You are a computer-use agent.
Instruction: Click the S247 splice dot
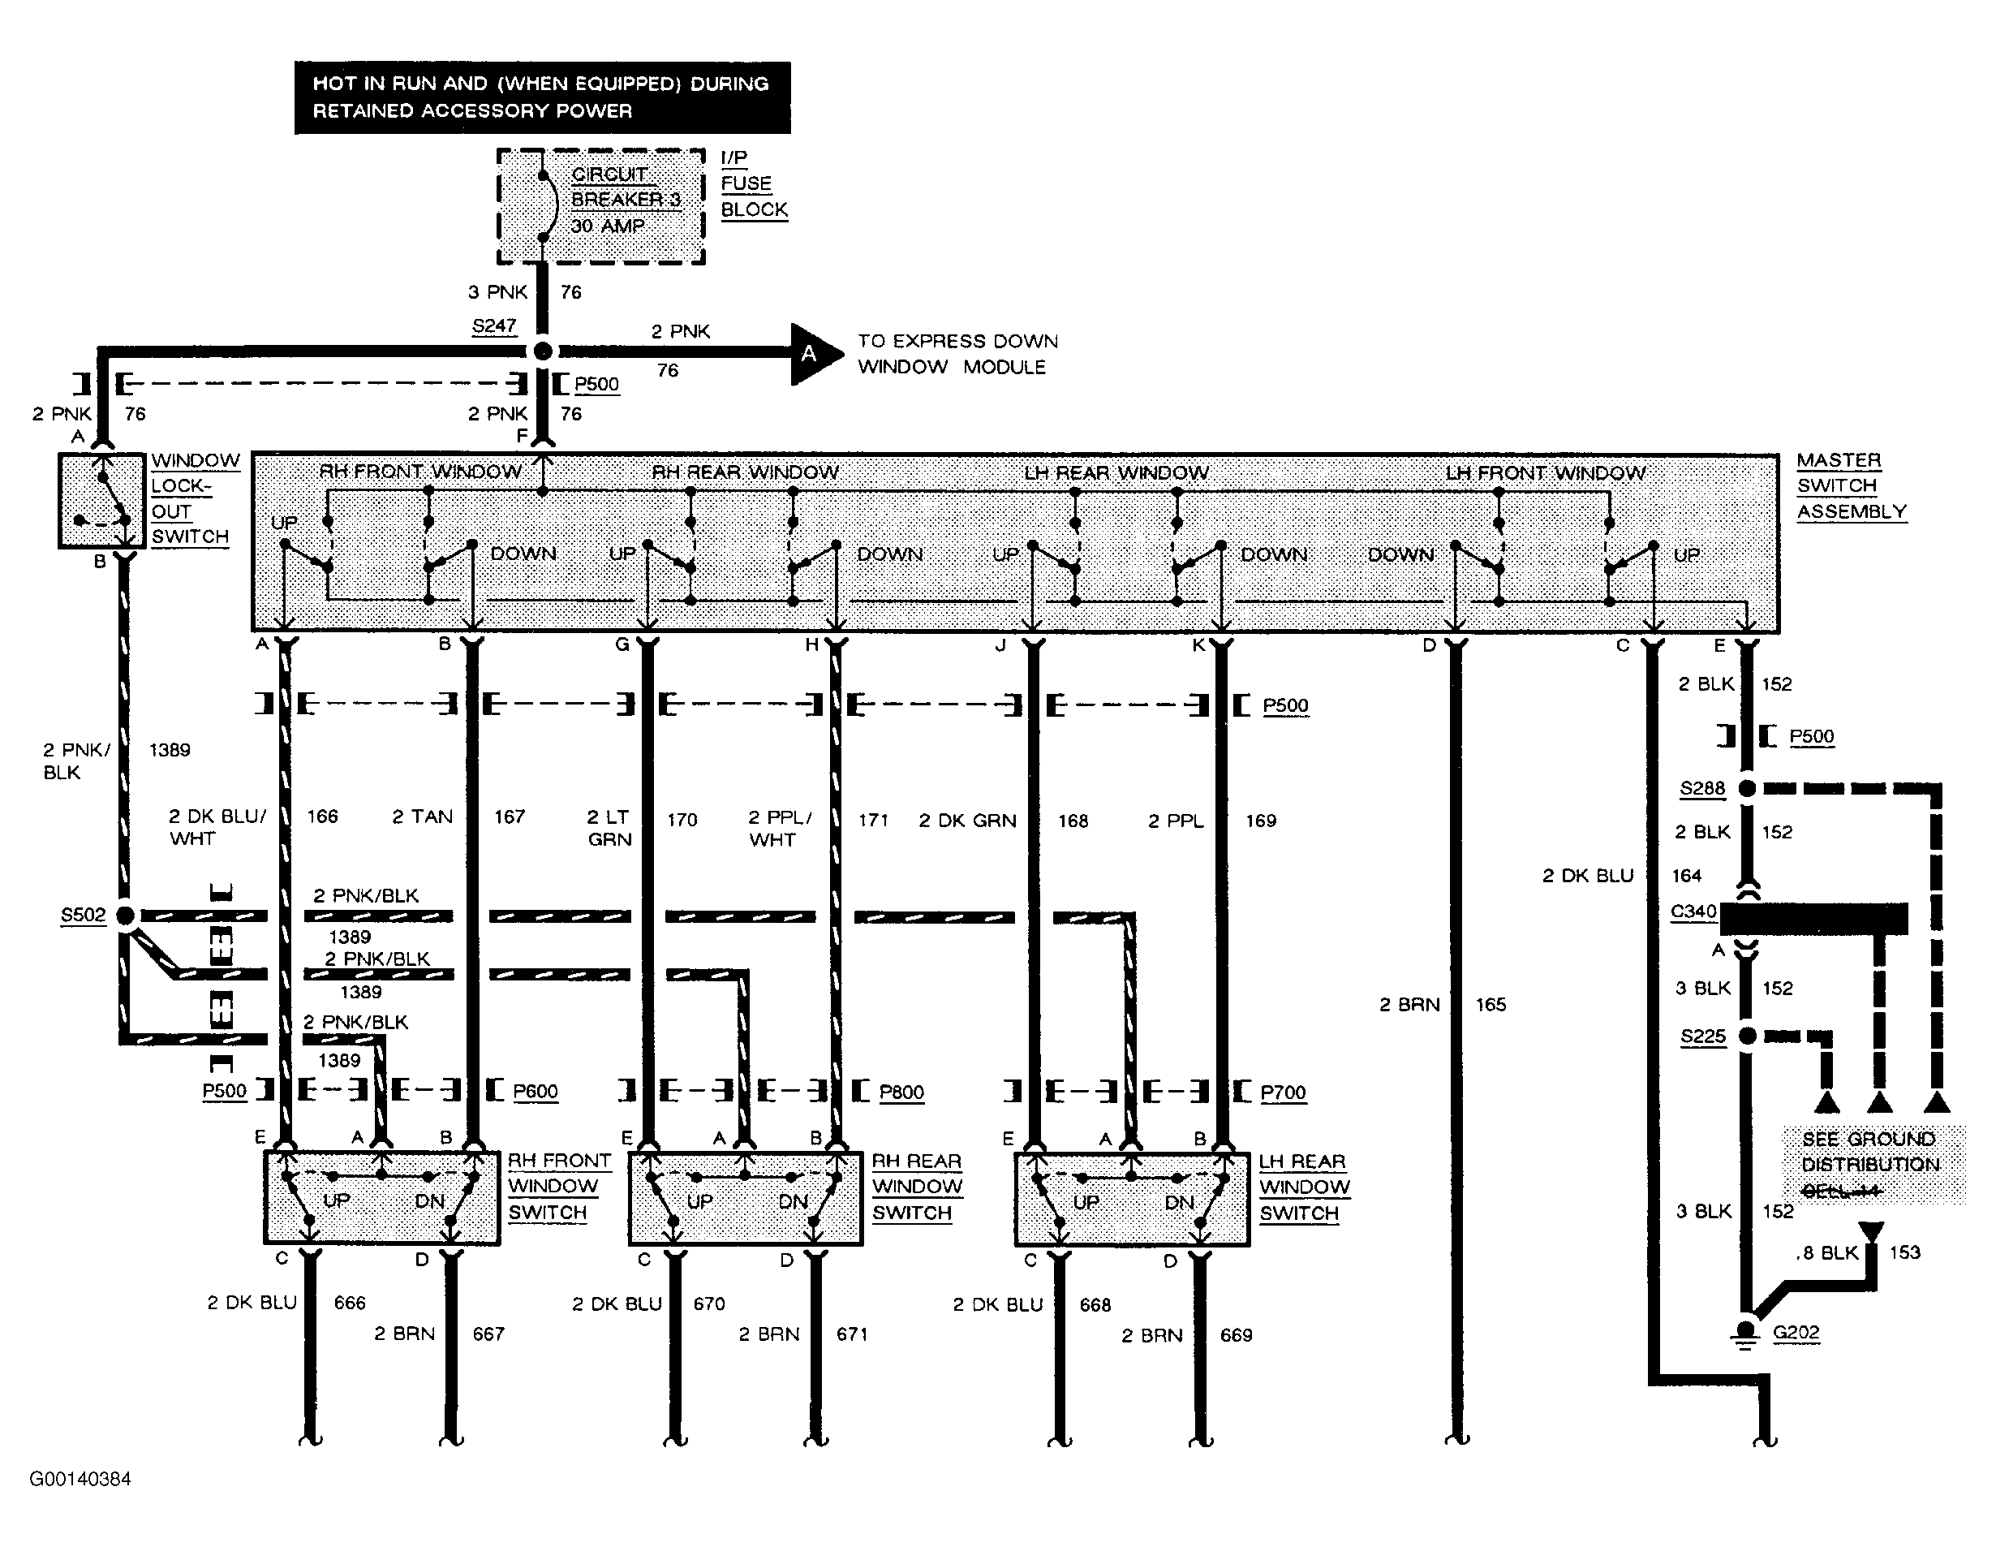pos(542,351)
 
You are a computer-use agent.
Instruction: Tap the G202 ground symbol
pos(1745,1333)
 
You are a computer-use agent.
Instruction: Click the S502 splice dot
pos(126,916)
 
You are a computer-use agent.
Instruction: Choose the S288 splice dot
pos(1746,788)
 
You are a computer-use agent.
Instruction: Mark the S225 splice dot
pos(1746,1036)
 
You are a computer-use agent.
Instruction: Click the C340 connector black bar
pos(1813,918)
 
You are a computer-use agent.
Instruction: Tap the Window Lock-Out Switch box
pos(101,501)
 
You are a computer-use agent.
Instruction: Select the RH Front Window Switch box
pos(382,1198)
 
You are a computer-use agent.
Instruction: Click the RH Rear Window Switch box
pos(746,1199)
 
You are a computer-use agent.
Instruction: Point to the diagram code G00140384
pos(80,1479)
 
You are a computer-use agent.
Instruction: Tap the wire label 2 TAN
pos(422,817)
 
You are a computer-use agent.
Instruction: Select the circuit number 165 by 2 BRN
pos(1491,1004)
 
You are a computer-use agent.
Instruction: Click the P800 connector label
pos(901,1092)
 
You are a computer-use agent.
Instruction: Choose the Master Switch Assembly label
pos(1852,485)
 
